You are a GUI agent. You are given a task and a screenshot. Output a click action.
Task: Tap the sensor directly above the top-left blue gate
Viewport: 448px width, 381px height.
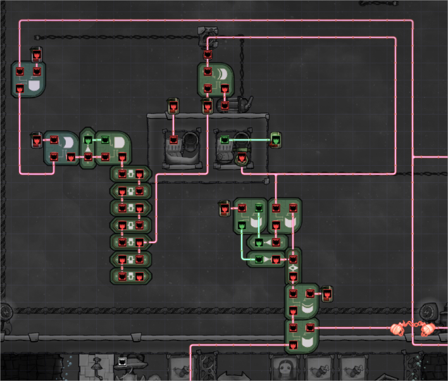[x=37, y=55]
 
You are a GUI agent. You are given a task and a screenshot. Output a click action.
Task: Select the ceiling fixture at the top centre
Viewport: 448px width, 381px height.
[x=208, y=35]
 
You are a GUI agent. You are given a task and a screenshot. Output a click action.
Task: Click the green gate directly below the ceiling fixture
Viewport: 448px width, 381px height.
[x=215, y=80]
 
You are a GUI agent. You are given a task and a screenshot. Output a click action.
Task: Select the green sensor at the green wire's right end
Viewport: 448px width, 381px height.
[x=275, y=139]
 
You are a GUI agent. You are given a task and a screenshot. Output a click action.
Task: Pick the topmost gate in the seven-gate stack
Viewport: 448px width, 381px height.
[x=130, y=174]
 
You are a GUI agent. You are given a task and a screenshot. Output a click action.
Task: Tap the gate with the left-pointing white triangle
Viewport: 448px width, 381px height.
[x=267, y=242]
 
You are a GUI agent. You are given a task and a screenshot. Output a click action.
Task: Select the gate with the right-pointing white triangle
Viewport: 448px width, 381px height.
[x=266, y=259]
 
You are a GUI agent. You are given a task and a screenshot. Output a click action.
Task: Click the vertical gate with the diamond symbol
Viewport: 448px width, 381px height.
[x=293, y=268]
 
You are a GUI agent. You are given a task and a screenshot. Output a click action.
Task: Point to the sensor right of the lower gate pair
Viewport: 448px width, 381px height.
[x=327, y=294]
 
